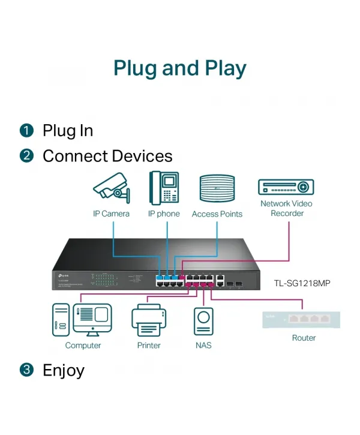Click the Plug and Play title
180,68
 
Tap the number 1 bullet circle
26,130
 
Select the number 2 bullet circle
26,156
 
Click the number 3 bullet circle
26,370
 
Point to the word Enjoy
63,370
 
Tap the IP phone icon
164,188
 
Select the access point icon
217,188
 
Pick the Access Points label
217,214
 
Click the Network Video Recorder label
286,208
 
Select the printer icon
148,319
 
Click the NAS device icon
203,321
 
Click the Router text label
304,338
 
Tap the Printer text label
148,345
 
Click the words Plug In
67,130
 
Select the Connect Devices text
107,156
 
